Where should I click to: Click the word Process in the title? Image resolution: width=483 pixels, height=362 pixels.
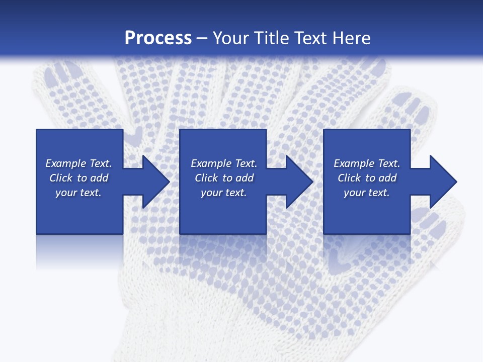[158, 38]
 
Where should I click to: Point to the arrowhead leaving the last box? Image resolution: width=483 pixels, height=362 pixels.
[442, 182]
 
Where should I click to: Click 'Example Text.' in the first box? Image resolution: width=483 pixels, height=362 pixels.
[78, 163]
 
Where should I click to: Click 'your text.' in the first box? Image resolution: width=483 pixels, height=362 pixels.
[78, 193]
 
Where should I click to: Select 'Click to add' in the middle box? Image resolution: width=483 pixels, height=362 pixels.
[224, 178]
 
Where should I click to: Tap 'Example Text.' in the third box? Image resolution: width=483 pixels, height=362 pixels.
[367, 163]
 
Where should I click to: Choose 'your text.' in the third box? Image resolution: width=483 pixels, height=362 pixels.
[367, 193]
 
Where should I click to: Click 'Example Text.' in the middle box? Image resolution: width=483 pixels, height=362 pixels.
[224, 163]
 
